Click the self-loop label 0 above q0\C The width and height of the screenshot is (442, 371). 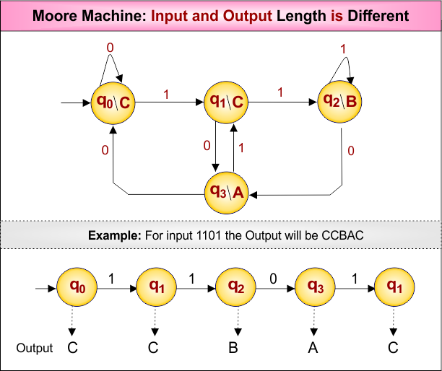click(110, 48)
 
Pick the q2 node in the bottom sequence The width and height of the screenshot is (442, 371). click(235, 287)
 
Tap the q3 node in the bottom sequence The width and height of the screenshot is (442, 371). click(316, 287)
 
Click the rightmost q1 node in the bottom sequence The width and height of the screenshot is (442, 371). click(394, 287)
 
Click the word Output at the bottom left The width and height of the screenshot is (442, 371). click(35, 349)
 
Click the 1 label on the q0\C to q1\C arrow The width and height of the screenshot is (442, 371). click(166, 94)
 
